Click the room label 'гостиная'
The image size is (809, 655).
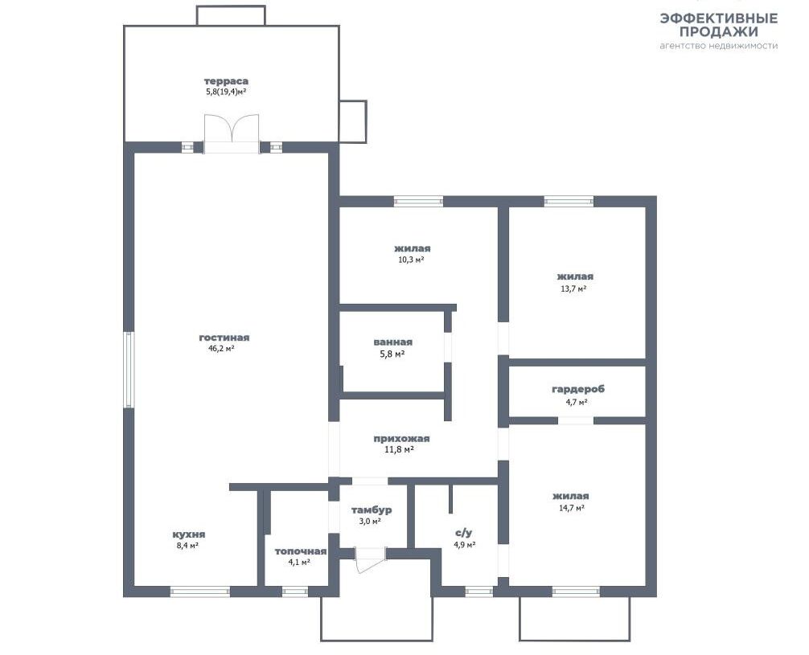point(224,338)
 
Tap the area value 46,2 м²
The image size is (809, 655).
point(221,349)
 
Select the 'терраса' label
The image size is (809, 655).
point(226,81)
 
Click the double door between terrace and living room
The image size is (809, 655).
point(232,133)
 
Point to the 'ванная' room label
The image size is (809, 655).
point(393,342)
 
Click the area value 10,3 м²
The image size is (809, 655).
point(411,260)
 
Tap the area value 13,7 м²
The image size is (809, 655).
point(573,289)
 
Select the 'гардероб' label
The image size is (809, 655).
point(578,389)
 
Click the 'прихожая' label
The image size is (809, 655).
point(401,439)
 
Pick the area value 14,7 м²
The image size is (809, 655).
point(572,508)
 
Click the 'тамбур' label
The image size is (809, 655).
point(372,510)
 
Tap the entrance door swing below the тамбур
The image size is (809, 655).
point(371,559)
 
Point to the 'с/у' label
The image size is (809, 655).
point(464,533)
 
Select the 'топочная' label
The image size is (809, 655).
point(300,551)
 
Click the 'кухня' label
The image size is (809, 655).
point(189,534)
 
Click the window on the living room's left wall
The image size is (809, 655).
point(129,370)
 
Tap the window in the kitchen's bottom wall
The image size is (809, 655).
point(200,592)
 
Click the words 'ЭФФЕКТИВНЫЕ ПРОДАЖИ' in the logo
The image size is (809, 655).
point(719,25)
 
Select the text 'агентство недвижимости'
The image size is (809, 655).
point(719,45)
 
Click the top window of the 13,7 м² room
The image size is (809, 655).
point(569,201)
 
